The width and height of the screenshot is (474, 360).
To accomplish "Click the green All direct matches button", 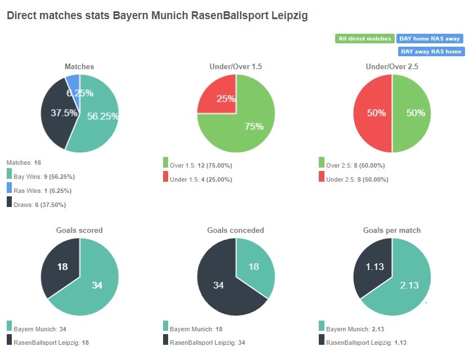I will [364, 39].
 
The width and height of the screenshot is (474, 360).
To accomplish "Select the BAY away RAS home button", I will [431, 51].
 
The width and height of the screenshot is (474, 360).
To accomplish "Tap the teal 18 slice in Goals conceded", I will [254, 267].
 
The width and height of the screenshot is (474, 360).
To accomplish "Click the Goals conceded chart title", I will [236, 230].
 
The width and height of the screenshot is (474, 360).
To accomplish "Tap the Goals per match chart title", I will [392, 230].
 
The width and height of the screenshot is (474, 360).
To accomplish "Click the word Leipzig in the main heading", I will [288, 16].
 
